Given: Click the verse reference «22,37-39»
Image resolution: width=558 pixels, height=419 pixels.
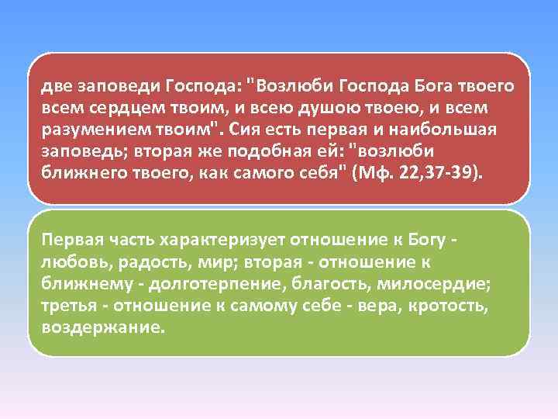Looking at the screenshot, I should [x=443, y=170].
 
